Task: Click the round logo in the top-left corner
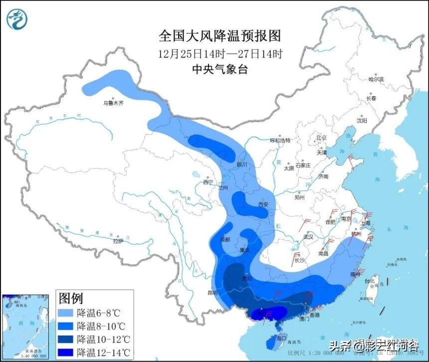tap(18, 19)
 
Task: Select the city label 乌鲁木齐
tap(113, 103)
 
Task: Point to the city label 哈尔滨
tap(376, 79)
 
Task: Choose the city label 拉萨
tap(118, 241)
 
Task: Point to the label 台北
tap(370, 281)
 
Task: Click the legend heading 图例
tap(70, 299)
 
